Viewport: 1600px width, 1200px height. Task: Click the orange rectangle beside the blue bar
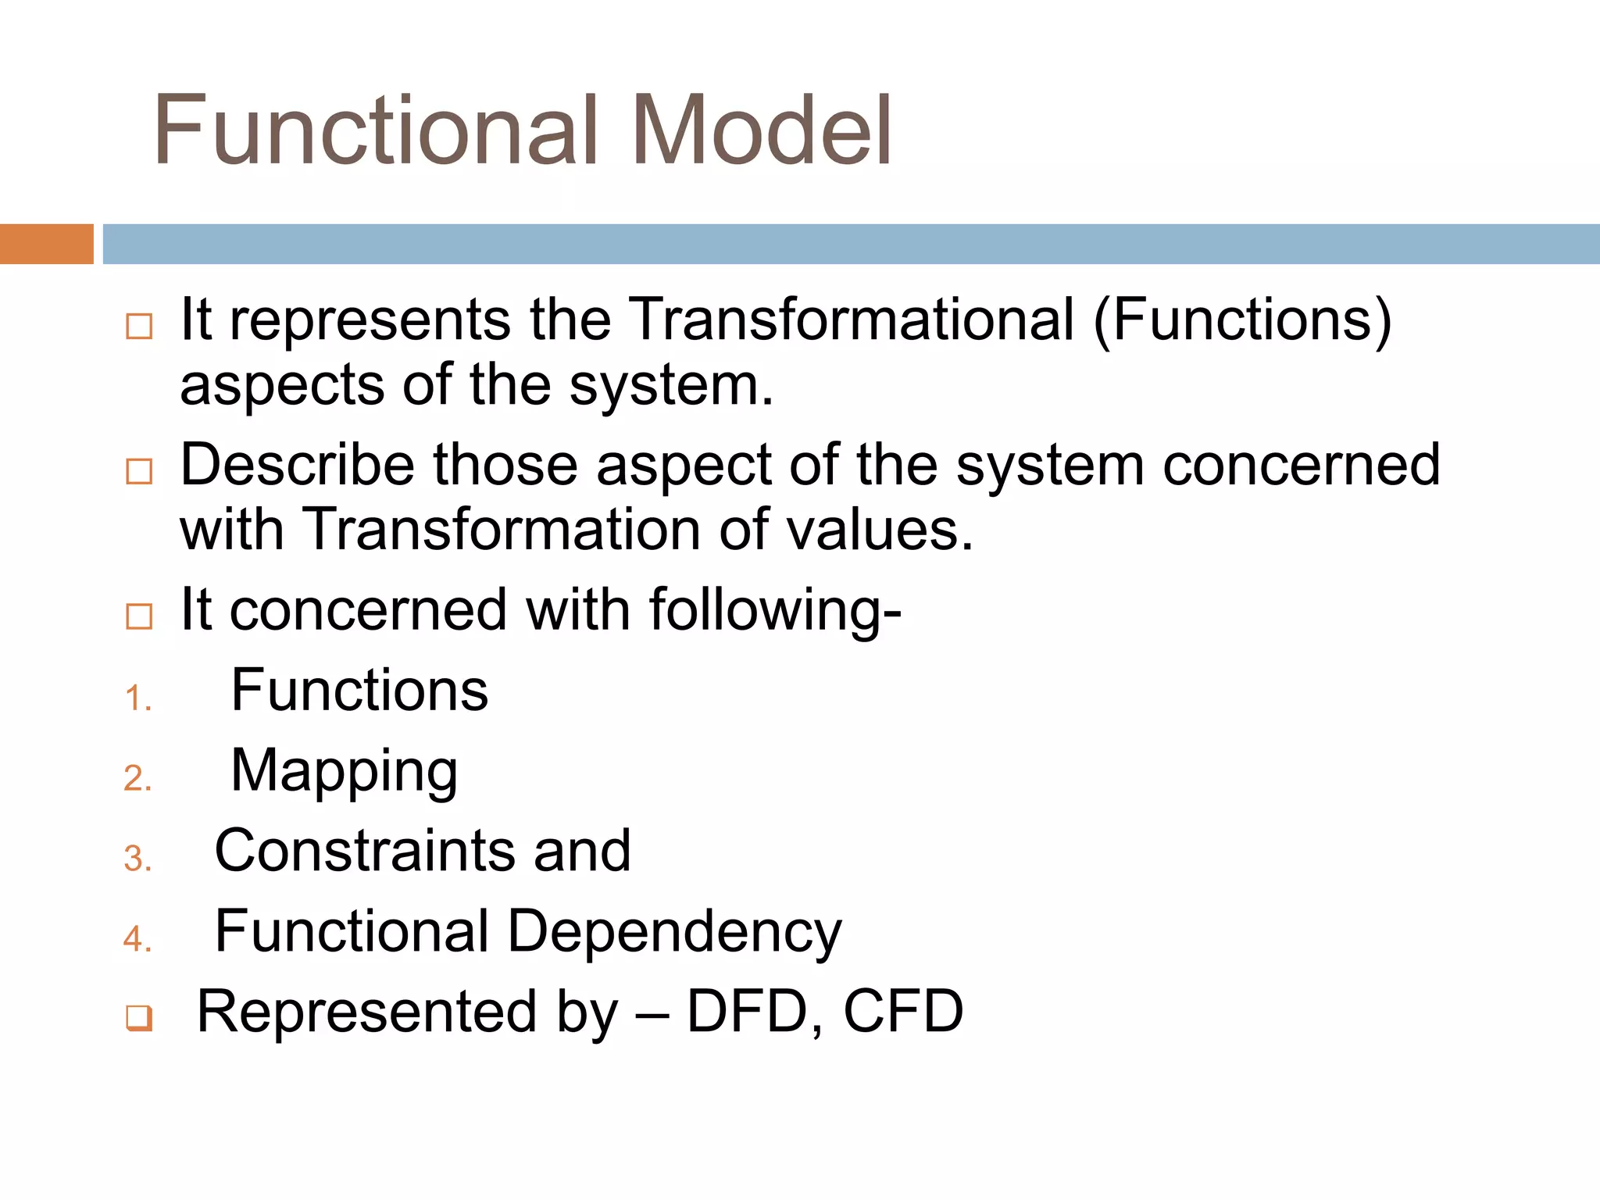(46, 244)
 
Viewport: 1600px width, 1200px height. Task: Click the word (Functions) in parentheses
(1242, 321)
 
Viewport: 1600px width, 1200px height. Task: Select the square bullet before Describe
(139, 471)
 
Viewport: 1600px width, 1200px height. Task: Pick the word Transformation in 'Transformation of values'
(500, 530)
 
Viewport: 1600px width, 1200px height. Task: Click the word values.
(879, 530)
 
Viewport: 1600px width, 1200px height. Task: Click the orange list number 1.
(137, 698)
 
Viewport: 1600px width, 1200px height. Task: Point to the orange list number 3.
(137, 859)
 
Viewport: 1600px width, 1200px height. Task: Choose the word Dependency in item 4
(675, 933)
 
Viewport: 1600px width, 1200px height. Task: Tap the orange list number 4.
(137, 938)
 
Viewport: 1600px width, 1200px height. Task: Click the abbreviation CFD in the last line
(903, 1012)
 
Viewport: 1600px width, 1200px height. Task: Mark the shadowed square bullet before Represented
(139, 1018)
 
